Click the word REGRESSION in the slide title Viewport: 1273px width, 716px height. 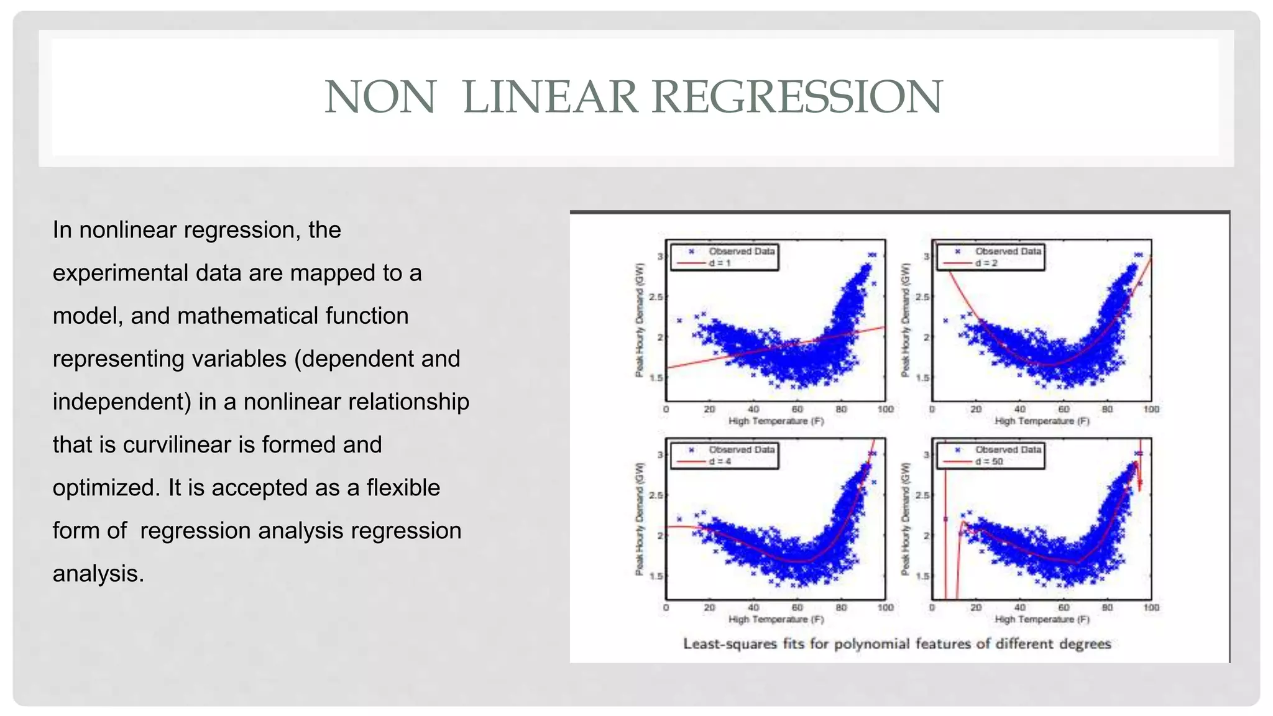[797, 97]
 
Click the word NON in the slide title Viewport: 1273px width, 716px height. [380, 97]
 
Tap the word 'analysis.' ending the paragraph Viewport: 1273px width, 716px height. [98, 574]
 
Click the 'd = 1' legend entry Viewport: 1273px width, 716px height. [720, 263]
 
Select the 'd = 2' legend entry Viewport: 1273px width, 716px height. [986, 263]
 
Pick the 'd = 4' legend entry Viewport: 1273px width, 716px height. [720, 461]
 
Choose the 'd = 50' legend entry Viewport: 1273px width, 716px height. [989, 461]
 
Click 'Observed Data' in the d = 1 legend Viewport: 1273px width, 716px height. [742, 251]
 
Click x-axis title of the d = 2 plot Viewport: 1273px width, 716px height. [1042, 421]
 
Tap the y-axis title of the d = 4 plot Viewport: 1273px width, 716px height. [639, 518]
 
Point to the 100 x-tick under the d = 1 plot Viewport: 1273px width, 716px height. [885, 409]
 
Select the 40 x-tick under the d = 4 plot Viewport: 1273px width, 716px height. [753, 607]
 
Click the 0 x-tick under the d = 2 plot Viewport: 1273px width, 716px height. [932, 409]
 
